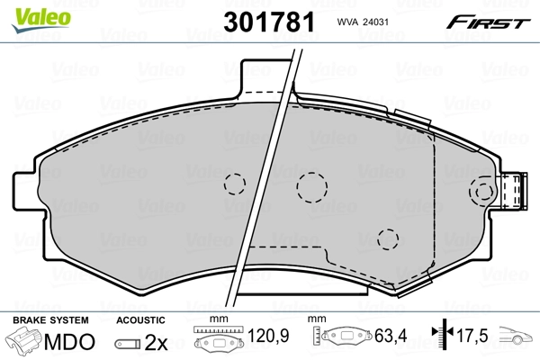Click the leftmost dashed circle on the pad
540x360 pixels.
(x=234, y=184)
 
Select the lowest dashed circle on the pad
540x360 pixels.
(x=389, y=238)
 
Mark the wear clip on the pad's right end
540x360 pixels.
(x=516, y=191)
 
